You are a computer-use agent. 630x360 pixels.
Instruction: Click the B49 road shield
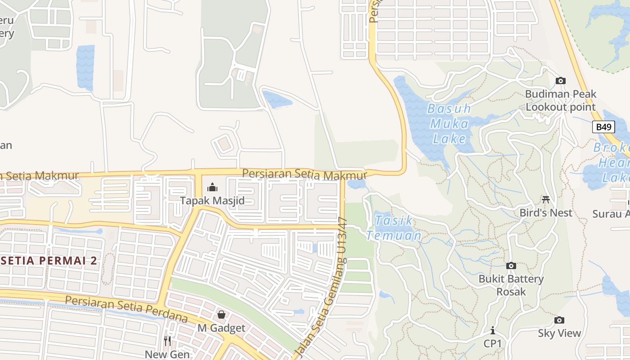click(x=603, y=127)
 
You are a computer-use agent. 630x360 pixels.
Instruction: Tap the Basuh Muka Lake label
click(x=449, y=123)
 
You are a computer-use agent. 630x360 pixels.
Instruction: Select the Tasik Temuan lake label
click(x=394, y=228)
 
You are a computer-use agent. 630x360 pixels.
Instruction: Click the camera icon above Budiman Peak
click(x=560, y=81)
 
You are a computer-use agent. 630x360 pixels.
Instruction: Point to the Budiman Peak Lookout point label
click(x=561, y=100)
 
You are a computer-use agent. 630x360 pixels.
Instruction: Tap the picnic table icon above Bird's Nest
click(x=546, y=199)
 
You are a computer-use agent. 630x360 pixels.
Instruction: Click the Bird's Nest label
click(x=546, y=213)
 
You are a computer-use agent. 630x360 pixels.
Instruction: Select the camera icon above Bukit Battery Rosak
click(x=511, y=266)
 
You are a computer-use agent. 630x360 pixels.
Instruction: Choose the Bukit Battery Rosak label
click(x=511, y=285)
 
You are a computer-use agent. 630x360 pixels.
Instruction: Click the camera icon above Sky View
click(x=559, y=320)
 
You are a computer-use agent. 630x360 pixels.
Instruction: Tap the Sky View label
click(x=559, y=333)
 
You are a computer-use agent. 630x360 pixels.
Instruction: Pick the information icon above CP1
click(x=493, y=331)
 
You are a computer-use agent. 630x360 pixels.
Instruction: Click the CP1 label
click(x=493, y=343)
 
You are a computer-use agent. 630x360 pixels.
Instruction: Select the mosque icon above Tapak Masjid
click(x=212, y=187)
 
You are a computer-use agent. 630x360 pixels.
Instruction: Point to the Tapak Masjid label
click(x=212, y=201)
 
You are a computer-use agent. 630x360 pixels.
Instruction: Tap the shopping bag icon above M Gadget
click(x=221, y=315)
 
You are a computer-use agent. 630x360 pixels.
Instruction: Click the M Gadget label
click(x=221, y=328)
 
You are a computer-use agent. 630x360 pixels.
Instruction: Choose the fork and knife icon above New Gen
click(x=167, y=341)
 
